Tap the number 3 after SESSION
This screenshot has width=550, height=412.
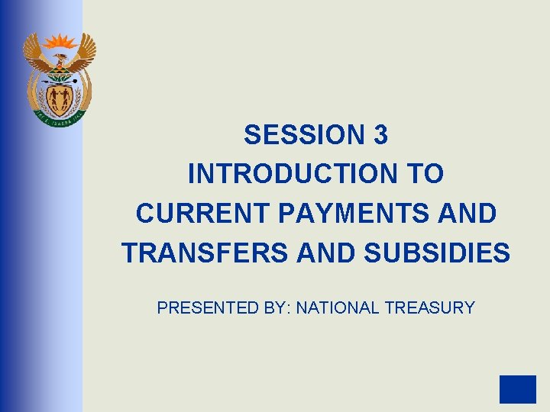tap(381, 135)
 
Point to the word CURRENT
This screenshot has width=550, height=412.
tap(204, 213)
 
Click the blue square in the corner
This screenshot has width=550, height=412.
tap(518, 389)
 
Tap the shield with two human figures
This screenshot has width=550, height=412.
tap(59, 96)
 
